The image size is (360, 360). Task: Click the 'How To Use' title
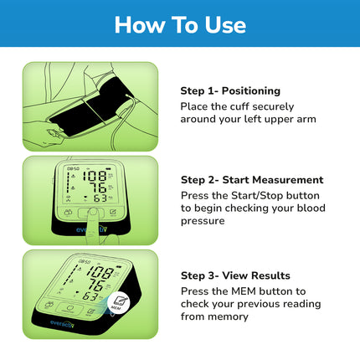[180, 25]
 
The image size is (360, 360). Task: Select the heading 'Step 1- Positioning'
[230, 91]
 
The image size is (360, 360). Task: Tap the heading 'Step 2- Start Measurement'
[252, 180]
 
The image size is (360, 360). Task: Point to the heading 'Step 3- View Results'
[235, 275]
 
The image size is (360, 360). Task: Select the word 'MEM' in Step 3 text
[244, 291]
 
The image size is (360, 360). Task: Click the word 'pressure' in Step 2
[203, 221]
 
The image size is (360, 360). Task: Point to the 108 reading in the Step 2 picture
[95, 176]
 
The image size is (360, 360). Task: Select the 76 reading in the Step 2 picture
[99, 188]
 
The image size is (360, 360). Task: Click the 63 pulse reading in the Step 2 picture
[100, 198]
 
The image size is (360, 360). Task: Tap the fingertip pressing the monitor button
[93, 213]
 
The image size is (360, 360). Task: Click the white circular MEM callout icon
[120, 303]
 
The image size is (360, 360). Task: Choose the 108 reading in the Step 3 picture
[100, 272]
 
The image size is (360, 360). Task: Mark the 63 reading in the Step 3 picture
[90, 296]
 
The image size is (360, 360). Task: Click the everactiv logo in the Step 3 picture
[63, 324]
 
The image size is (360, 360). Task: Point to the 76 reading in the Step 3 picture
[96, 285]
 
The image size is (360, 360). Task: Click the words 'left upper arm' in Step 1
[280, 119]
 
